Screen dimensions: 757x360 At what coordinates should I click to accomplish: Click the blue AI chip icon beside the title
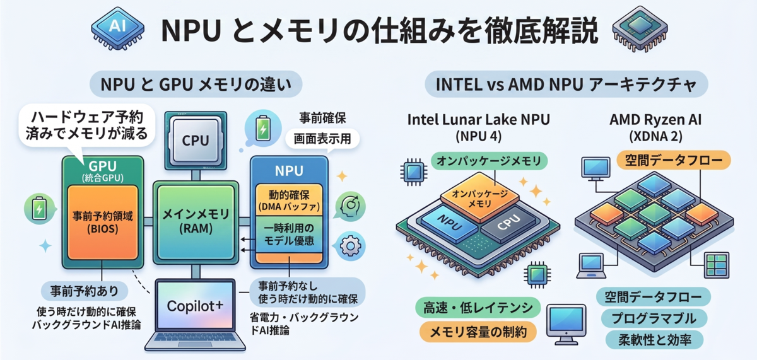[x=117, y=28]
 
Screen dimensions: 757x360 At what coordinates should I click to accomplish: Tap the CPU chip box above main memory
[x=196, y=141]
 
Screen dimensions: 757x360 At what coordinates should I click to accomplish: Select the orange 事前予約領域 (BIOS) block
[x=103, y=222]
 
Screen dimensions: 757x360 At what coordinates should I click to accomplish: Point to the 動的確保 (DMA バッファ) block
[x=289, y=200]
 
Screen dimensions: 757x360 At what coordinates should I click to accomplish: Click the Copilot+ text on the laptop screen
[x=195, y=306]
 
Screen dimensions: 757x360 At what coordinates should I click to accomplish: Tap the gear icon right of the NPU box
[x=351, y=245]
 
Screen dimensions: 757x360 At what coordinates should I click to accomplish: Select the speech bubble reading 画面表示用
[x=322, y=139]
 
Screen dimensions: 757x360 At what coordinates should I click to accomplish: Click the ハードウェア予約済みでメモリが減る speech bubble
[x=87, y=125]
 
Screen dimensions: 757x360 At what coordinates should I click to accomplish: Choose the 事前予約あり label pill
[x=85, y=291]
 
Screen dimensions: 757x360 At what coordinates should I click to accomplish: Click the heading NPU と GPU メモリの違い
[x=196, y=84]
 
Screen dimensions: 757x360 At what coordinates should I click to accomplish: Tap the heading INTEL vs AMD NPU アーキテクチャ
[x=566, y=84]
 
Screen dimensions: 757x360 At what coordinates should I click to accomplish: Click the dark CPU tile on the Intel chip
[x=509, y=223]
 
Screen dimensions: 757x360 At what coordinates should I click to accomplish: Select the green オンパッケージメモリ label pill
[x=489, y=161]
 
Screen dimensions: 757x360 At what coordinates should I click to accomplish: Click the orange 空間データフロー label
[x=674, y=160]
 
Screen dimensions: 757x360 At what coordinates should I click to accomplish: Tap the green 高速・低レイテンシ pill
[x=478, y=308]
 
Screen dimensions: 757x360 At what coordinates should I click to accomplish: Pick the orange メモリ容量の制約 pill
[x=478, y=332]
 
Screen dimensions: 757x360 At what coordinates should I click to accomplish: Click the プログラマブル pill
[x=654, y=318]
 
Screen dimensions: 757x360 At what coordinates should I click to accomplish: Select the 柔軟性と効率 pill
[x=654, y=340]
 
